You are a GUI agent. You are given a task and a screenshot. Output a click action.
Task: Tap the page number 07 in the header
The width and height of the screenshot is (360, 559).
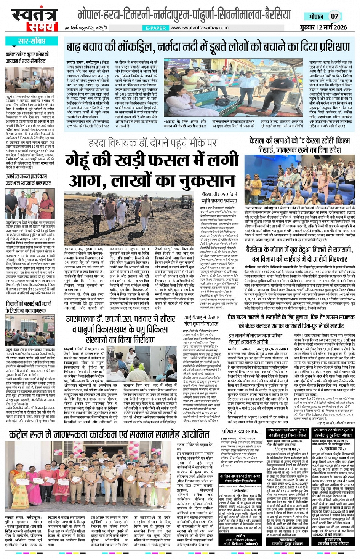coord(334,16)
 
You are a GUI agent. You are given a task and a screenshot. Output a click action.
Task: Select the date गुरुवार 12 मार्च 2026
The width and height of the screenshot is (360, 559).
coord(323,27)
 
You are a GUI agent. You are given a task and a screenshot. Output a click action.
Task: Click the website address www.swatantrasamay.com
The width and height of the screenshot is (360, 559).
coord(199,27)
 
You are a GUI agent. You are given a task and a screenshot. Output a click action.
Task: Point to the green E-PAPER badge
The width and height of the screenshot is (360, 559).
coord(156,28)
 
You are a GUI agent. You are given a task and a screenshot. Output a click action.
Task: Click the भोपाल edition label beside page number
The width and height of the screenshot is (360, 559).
coord(316,17)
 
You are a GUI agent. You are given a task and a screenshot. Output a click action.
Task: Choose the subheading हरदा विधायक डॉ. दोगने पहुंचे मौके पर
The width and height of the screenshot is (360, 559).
coord(152,143)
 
